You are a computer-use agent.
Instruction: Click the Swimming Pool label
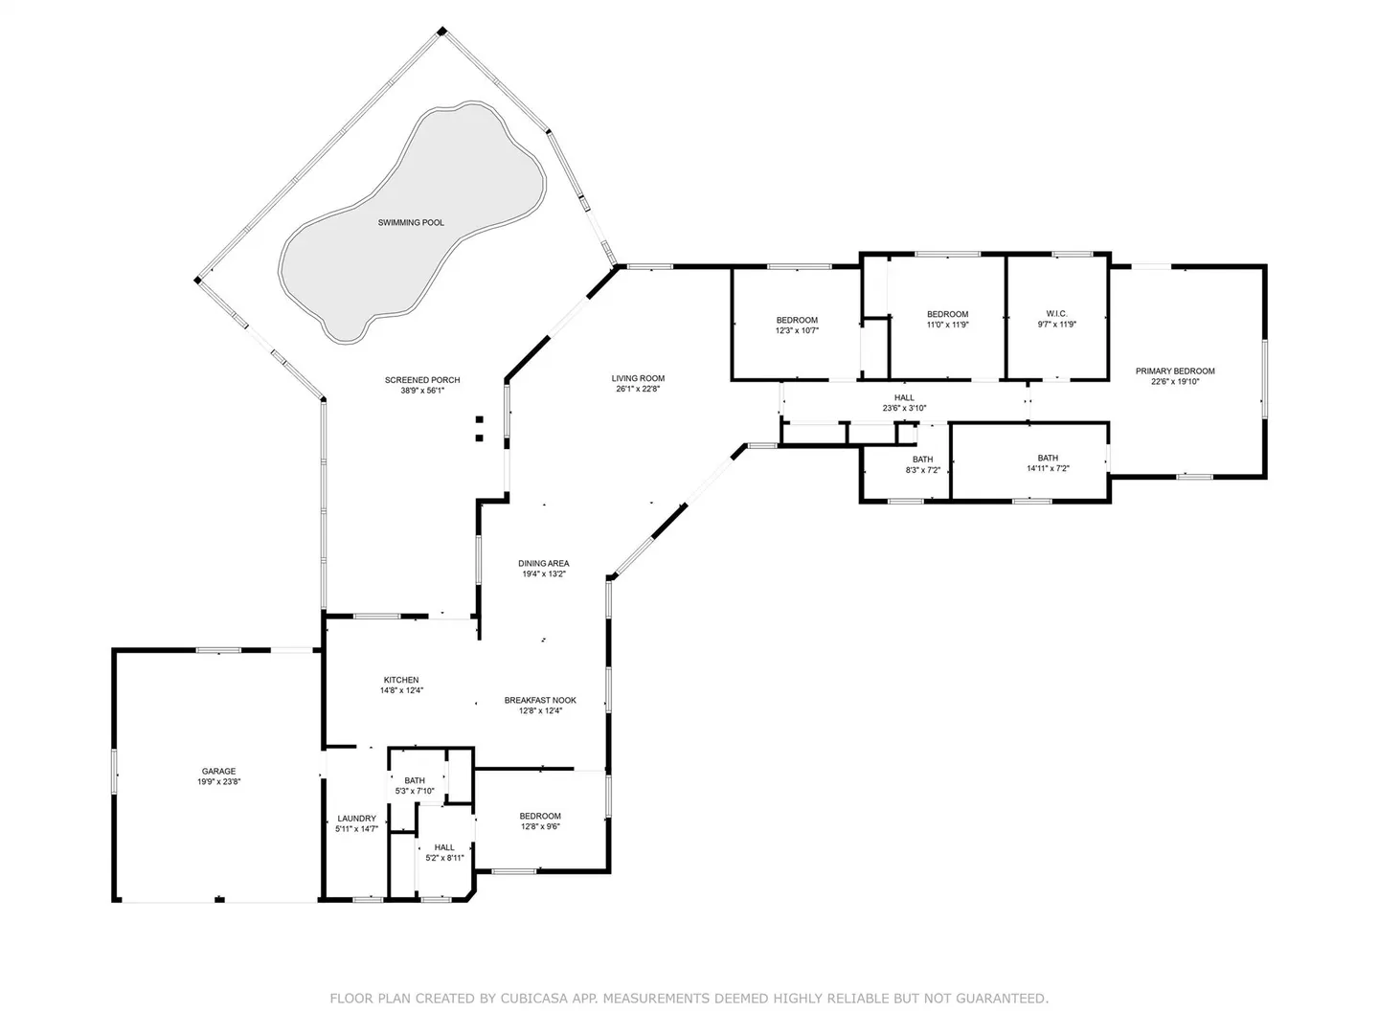point(411,223)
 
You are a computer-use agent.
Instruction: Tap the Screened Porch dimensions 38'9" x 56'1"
point(422,391)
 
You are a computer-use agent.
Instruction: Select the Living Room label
point(638,378)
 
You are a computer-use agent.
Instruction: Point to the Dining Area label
point(543,564)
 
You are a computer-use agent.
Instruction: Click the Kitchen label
point(401,680)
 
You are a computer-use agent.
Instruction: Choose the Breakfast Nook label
point(540,701)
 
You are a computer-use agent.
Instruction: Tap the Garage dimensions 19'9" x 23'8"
point(218,782)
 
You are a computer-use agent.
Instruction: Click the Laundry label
point(357,819)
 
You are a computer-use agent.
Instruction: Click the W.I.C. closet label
point(1056,314)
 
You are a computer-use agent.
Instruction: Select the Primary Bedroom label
point(1175,371)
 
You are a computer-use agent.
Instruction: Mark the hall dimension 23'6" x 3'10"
point(904,408)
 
